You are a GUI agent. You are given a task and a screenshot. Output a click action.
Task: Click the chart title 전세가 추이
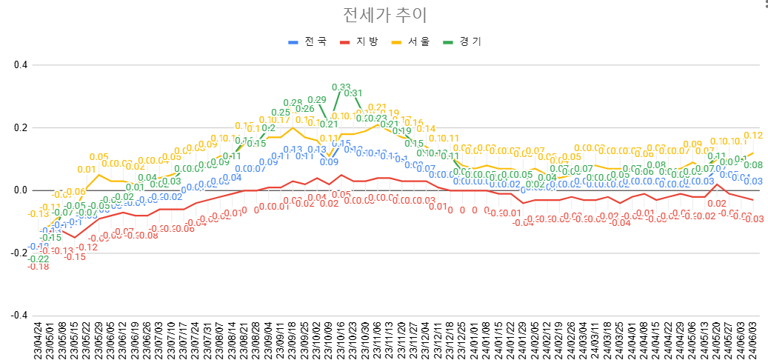(385, 16)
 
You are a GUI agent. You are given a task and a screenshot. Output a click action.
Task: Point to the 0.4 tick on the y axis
(20, 65)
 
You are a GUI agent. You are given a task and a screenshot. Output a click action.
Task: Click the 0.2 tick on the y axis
(20, 127)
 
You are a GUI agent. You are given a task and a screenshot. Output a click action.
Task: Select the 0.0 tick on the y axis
(20, 190)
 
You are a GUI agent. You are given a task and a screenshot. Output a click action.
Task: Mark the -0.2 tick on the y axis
(19, 253)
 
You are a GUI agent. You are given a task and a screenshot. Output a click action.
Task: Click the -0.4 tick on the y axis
(19, 315)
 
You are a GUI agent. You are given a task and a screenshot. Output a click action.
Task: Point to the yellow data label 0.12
(753, 136)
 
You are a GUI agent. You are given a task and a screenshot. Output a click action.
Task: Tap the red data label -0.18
(39, 267)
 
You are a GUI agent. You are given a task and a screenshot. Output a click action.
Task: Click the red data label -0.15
(75, 257)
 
